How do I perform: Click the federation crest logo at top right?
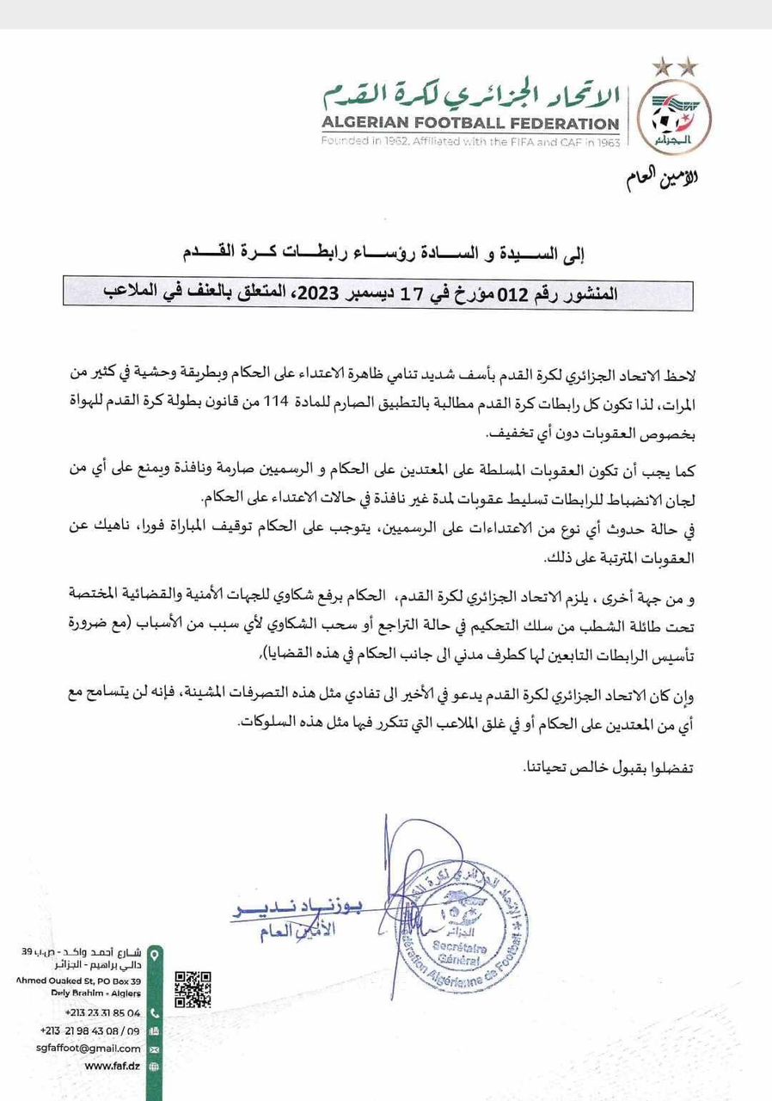[678, 116]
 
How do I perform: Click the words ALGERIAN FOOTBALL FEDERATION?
[470, 122]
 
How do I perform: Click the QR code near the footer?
[193, 989]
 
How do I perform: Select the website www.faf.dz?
[113, 1066]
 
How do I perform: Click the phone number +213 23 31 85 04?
[103, 1013]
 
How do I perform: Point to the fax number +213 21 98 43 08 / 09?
[90, 1030]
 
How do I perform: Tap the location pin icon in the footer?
[154, 955]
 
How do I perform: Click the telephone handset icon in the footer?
[154, 1013]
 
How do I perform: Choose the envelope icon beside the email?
[154, 1049]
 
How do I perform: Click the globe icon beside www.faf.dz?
[154, 1067]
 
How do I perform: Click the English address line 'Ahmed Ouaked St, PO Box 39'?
[77, 981]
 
